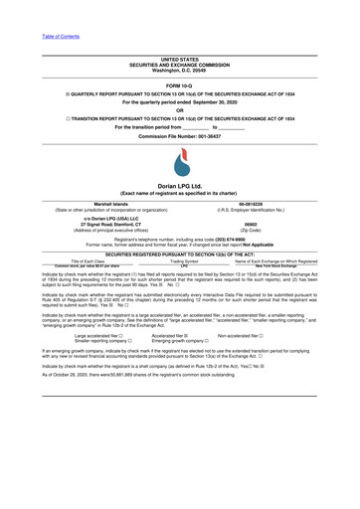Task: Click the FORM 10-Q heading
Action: [179, 85]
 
